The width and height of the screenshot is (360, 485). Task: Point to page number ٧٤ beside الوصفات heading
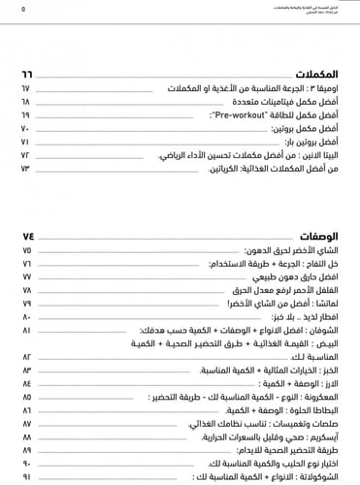click(x=27, y=236)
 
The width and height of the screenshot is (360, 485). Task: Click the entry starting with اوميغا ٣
click(x=275, y=87)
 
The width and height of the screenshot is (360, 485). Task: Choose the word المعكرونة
click(x=323, y=398)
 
